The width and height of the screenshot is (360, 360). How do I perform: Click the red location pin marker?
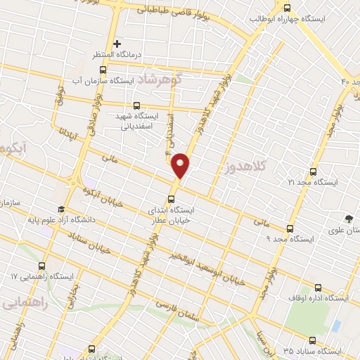(181, 165)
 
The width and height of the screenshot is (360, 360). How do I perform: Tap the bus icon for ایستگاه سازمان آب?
(103, 70)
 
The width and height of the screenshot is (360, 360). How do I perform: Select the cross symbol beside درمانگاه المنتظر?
(117, 44)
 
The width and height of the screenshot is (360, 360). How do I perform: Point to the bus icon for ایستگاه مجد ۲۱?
(314, 171)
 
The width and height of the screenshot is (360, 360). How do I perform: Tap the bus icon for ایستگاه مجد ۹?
(290, 229)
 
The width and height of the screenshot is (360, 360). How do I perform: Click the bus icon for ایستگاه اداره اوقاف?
(318, 288)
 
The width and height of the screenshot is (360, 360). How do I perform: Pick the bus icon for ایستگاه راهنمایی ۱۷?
(42, 266)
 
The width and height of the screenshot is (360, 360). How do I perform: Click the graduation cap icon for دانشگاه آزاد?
(61, 210)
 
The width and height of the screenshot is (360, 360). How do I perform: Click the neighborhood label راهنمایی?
(25, 303)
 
